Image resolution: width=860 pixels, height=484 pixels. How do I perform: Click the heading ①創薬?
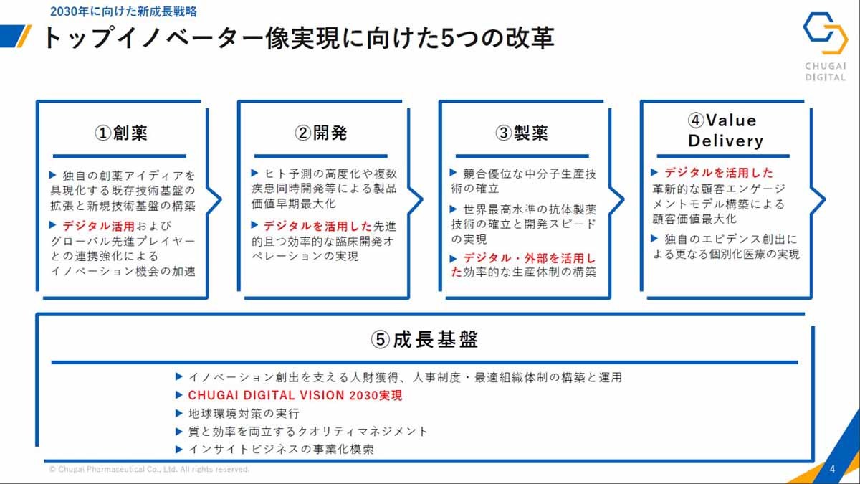click(x=121, y=133)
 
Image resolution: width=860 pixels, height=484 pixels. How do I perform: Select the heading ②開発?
click(x=321, y=133)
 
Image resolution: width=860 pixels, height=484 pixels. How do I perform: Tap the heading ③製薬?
click(x=522, y=133)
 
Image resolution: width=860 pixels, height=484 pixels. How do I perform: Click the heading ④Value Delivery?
click(x=725, y=131)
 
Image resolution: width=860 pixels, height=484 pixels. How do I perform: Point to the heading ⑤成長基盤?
click(x=424, y=340)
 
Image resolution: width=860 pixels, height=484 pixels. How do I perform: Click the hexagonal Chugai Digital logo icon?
click(x=826, y=33)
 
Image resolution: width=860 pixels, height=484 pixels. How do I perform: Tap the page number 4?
click(x=832, y=469)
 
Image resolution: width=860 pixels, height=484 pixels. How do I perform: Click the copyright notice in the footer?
click(x=149, y=470)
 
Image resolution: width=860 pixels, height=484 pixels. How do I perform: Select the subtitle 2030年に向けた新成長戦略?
click(x=123, y=11)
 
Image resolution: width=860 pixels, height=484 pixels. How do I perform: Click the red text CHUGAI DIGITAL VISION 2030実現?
click(x=295, y=395)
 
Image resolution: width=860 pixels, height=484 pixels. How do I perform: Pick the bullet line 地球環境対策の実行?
click(x=244, y=414)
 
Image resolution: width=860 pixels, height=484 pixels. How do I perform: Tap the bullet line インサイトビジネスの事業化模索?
click(x=281, y=449)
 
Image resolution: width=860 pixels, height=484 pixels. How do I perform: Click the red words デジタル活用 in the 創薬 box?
click(x=99, y=226)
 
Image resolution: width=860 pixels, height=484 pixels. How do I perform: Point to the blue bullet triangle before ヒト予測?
click(x=254, y=173)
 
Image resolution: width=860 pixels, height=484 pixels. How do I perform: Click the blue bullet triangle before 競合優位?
click(x=454, y=173)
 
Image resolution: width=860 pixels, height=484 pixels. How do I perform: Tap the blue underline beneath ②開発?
click(x=320, y=156)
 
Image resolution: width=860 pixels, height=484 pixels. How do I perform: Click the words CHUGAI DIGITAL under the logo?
click(x=826, y=72)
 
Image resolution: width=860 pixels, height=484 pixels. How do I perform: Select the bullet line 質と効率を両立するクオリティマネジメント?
click(x=307, y=432)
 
